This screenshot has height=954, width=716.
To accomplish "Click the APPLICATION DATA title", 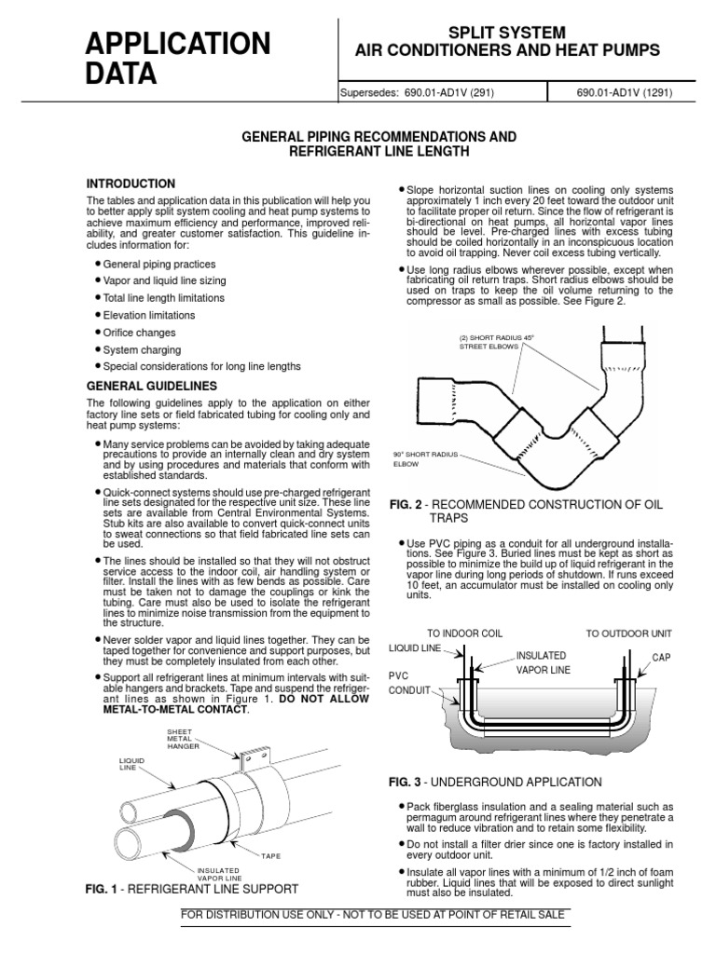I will [x=177, y=58].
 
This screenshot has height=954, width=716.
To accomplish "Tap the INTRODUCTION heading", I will [x=131, y=184].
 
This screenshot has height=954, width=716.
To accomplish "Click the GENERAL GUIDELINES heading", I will [x=152, y=386].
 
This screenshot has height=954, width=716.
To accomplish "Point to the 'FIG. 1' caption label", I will [x=105, y=890].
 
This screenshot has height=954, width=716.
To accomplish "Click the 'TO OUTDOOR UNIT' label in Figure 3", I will [x=629, y=634].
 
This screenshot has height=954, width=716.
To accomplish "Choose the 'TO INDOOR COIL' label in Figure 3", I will [x=464, y=634].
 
